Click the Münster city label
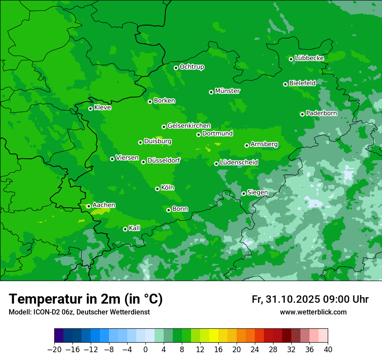click(227, 91)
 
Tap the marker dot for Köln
click(157, 189)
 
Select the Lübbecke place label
click(309, 58)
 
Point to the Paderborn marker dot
click(302, 114)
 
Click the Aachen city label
click(104, 205)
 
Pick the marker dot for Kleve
click(90, 108)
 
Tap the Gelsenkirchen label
click(189, 126)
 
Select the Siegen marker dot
click(244, 193)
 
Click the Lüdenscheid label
click(239, 163)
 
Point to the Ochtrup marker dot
click(176, 68)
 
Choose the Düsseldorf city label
click(164, 160)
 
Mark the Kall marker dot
click(125, 229)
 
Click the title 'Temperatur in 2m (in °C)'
click(86, 299)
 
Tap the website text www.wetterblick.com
click(313, 312)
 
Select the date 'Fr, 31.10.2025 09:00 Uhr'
click(310, 299)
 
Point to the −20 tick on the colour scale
click(54, 350)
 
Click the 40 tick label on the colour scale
click(328, 350)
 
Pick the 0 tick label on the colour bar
click(145, 350)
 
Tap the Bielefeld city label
click(302, 83)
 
